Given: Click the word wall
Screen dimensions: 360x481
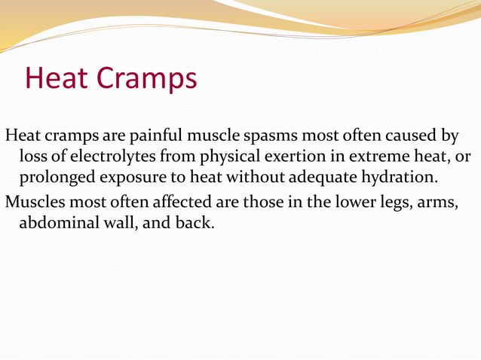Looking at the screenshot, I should tap(119, 223).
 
